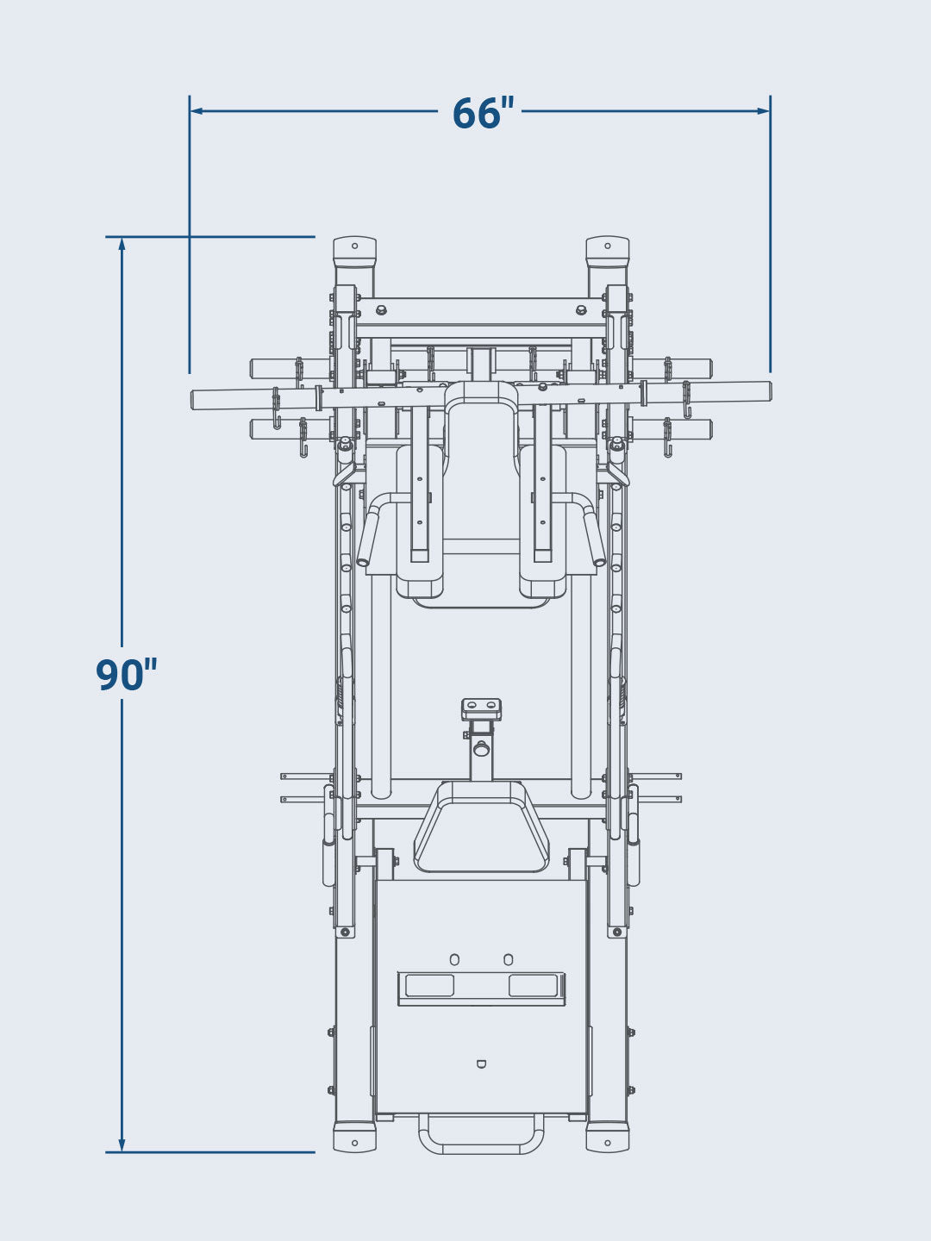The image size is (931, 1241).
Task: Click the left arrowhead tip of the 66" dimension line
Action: point(191,111)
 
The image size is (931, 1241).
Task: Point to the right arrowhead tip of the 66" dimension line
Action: point(769,111)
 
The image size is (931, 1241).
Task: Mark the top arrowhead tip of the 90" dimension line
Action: point(122,238)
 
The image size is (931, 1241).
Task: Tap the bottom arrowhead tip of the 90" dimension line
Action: point(122,1151)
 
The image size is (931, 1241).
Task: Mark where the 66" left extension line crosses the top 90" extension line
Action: point(190,236)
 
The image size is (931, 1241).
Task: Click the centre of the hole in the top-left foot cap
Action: point(355,246)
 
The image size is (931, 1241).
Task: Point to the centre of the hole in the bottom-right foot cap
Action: point(607,1143)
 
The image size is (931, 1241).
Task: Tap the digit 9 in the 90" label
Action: point(111,675)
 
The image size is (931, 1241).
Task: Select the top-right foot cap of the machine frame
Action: point(607,252)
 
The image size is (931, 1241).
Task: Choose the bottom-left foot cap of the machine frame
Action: point(355,1137)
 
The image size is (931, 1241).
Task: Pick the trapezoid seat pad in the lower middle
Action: point(481,826)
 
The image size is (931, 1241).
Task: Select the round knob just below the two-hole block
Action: point(481,749)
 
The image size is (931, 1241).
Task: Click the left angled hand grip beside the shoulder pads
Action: point(368,535)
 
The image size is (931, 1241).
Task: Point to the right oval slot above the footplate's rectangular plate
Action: point(509,960)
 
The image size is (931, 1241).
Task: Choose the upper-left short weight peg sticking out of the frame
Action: point(290,369)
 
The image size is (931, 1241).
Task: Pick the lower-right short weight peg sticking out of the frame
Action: point(672,429)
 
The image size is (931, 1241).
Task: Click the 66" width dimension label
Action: point(484,113)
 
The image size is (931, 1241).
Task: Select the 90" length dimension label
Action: point(126,675)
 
